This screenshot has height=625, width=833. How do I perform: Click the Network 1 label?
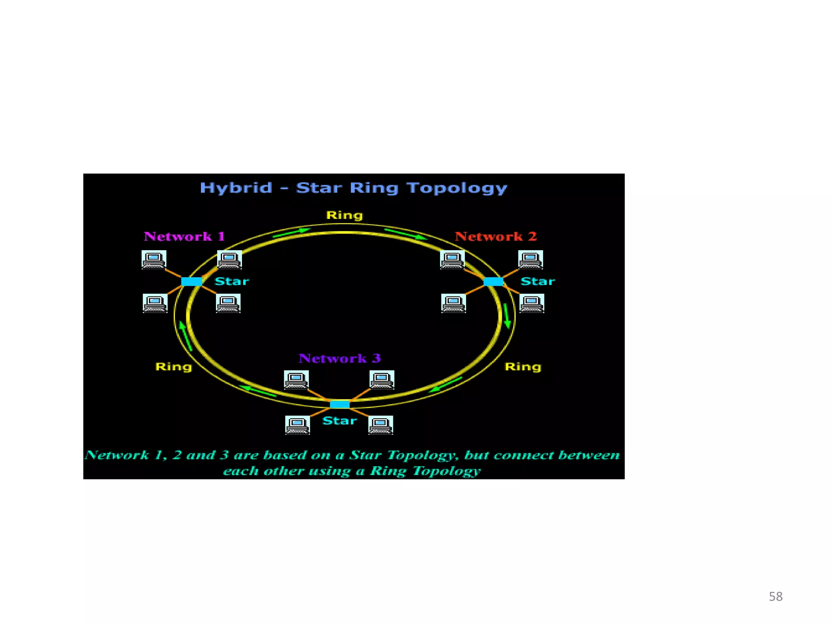[x=184, y=236]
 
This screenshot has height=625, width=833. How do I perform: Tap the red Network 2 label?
[x=495, y=236]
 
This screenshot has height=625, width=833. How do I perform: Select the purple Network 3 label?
[x=340, y=358]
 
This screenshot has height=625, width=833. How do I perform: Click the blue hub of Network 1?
[x=192, y=281]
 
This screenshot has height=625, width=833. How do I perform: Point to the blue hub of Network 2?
[x=493, y=281]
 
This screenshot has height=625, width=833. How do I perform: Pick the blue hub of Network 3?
[x=340, y=404]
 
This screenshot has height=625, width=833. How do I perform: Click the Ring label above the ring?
[x=345, y=215]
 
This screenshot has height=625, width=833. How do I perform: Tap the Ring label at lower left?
[x=174, y=367]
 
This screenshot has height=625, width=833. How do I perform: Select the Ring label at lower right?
[x=523, y=367]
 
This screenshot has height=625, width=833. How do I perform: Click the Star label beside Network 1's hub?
[x=232, y=281]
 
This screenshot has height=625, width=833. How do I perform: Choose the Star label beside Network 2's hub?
[x=538, y=281]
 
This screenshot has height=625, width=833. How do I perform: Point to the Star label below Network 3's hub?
[x=340, y=421]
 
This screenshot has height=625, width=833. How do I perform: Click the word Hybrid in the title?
[x=236, y=188]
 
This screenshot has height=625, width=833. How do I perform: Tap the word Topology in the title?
[x=457, y=188]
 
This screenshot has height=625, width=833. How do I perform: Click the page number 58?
[x=775, y=597]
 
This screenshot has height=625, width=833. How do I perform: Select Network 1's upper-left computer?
[x=154, y=260]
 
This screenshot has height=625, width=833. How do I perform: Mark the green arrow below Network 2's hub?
[x=507, y=316]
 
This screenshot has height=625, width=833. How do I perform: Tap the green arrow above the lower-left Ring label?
[x=185, y=336]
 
